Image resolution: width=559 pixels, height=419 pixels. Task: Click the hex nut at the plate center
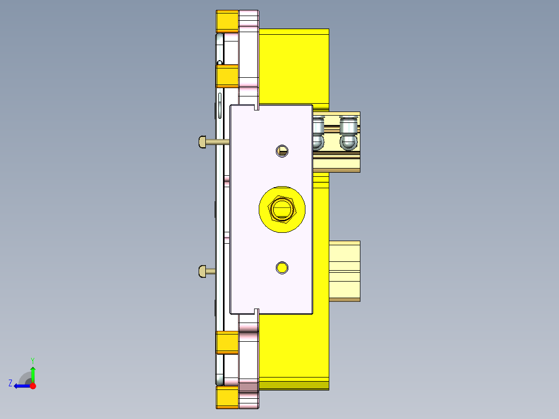(x=282, y=209)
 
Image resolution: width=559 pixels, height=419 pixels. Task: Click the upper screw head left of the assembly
(x=203, y=141)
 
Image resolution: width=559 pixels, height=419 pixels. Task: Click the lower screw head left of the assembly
(x=203, y=271)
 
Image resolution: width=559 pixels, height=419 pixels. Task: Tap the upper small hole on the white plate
(x=282, y=151)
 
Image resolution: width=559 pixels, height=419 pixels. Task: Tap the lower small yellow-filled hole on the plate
(x=282, y=268)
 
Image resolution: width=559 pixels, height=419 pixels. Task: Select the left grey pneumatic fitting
(x=318, y=133)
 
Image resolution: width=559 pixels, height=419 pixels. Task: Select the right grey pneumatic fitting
(x=348, y=133)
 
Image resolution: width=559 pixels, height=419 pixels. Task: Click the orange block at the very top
(x=227, y=21)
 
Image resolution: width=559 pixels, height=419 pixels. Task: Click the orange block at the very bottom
(x=227, y=398)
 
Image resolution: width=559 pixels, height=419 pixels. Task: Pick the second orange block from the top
(x=227, y=76)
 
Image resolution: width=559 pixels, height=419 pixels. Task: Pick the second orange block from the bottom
(x=227, y=343)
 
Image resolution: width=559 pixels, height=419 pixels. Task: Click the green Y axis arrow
(x=33, y=372)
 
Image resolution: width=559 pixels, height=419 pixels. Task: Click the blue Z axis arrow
(x=20, y=386)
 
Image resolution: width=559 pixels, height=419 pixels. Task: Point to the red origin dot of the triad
(x=33, y=386)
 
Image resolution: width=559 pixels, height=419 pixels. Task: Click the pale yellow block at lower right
(x=345, y=270)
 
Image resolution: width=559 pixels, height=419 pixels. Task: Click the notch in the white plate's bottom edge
(x=257, y=311)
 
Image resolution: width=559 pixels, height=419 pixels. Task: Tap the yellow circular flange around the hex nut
(x=267, y=220)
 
